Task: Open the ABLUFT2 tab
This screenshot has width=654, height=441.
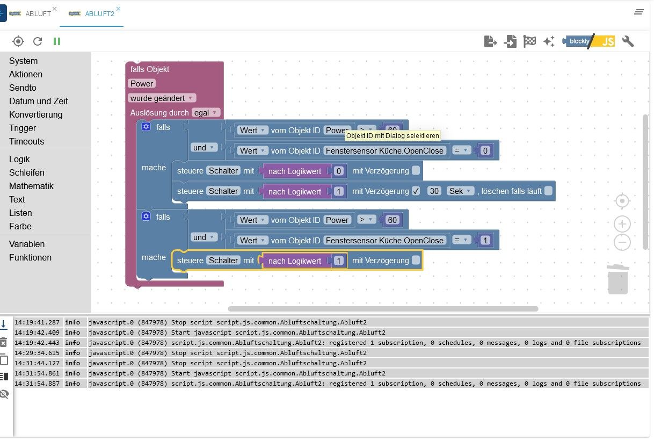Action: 99,14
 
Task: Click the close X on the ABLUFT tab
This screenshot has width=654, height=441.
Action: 54,9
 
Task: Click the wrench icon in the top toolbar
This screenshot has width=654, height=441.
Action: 628,41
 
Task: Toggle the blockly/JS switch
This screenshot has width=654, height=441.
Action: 588,41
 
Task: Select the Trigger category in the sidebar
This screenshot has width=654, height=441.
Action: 23,128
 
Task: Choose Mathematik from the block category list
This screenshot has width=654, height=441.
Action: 31,186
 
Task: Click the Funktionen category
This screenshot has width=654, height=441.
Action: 30,257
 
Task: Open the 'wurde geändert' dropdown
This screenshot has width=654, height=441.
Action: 162,98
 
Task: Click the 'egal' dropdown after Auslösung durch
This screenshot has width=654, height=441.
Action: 206,113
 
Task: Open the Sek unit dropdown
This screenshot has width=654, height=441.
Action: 461,191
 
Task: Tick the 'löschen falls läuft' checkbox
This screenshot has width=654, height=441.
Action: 548,191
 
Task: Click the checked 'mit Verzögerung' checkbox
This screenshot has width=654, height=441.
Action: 416,191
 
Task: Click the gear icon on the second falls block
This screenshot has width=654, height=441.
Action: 146,216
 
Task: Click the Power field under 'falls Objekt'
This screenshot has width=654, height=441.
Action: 142,83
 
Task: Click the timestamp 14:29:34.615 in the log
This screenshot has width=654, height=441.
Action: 38,353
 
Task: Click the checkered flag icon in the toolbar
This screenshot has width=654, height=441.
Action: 529,41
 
